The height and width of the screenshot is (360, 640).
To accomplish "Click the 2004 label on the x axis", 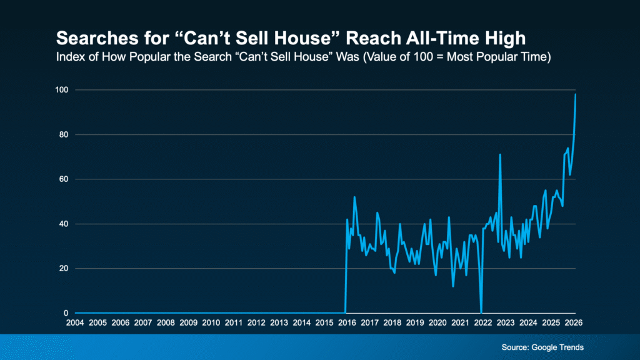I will coord(75,322).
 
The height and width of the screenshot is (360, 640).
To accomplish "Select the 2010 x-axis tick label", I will coord(211,322).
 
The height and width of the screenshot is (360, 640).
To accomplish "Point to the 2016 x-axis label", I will coord(347,322).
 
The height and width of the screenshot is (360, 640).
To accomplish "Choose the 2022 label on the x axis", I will coord(482,322).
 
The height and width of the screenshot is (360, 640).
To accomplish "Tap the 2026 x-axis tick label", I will coord(573,322).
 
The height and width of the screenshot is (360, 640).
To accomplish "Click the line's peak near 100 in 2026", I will coord(575,94).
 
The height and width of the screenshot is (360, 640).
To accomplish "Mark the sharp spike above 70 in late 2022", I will coord(500,154).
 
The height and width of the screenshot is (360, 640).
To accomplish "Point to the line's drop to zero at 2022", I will coord(481,312).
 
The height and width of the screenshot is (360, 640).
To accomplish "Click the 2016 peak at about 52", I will coord(354,197).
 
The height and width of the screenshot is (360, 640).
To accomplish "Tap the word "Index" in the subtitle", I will coord(67,58).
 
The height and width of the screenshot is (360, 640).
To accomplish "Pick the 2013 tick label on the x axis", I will coord(279,322).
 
